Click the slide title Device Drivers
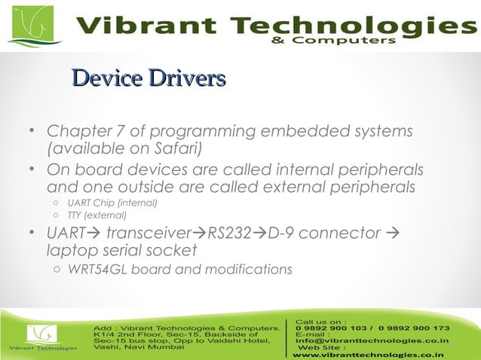(148, 78)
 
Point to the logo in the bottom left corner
(42, 337)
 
